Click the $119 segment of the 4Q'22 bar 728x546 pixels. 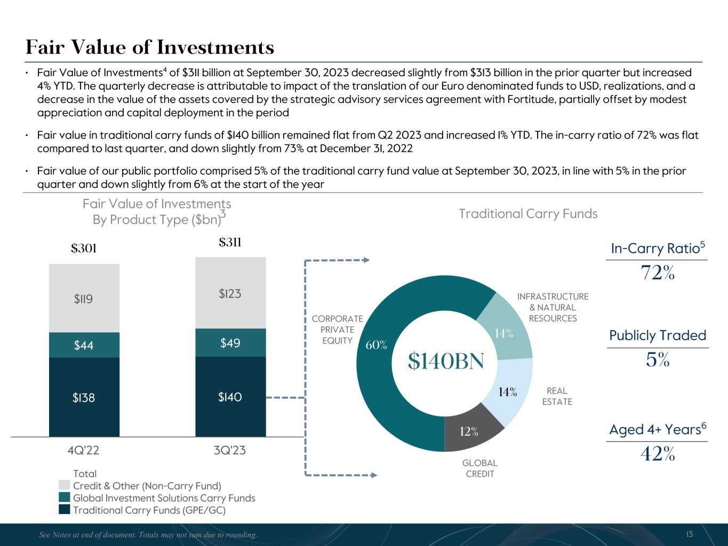point(84,299)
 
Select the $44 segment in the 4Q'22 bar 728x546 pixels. point(84,345)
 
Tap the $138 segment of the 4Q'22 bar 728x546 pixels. point(84,397)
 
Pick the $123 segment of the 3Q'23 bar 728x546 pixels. point(230,293)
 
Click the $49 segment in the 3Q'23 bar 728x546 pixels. point(230,343)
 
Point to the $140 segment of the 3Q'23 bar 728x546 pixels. point(230,397)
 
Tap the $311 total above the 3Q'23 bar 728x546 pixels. point(230,243)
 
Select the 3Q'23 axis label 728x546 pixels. point(230,451)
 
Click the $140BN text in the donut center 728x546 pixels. point(446,362)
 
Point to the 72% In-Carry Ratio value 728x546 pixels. point(658,273)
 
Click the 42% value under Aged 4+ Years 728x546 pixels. point(658,454)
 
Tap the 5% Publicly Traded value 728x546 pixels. point(658,361)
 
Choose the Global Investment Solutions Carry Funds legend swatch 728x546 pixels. point(65,497)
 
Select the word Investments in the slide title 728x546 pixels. point(215,48)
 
